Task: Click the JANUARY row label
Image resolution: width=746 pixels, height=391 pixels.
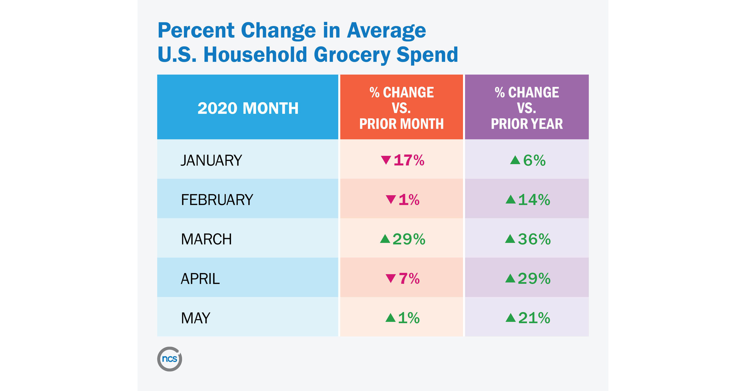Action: point(211,160)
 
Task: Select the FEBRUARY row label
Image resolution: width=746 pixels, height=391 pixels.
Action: point(217,200)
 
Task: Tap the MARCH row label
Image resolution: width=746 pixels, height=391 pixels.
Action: point(206,239)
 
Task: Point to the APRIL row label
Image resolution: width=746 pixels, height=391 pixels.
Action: point(200,279)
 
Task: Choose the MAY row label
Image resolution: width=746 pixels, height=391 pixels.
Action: point(196,318)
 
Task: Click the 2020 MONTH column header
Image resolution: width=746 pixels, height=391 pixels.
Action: point(248,108)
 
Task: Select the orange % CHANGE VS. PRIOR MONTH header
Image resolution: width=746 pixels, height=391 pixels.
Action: point(401,108)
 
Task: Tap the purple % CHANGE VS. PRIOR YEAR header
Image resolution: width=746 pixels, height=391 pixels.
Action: point(527,108)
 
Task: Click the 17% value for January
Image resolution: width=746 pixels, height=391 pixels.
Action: point(409,160)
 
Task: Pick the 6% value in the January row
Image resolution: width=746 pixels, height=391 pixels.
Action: point(534,160)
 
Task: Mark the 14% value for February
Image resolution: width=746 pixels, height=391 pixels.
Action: point(534,200)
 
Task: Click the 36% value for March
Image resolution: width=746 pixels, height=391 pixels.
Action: point(534,239)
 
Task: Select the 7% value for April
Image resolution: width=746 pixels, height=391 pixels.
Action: point(409,279)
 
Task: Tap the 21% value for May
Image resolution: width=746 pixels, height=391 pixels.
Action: point(534,318)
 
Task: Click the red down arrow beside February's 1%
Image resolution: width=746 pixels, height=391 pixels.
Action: point(390,199)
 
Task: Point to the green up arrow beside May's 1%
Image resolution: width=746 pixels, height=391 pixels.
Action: point(390,318)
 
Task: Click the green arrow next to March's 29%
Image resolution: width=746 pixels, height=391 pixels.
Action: point(385,239)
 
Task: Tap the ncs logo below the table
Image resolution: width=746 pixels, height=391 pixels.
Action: point(170,359)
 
